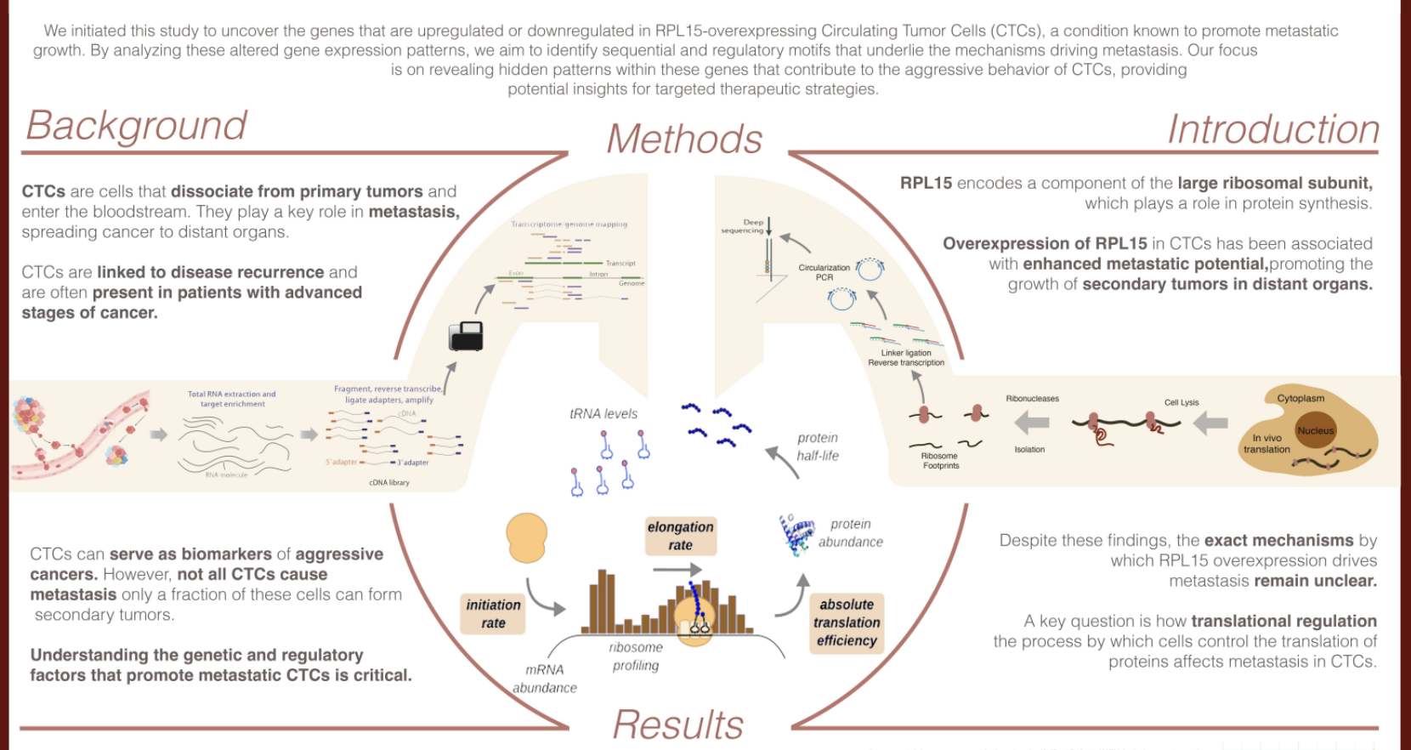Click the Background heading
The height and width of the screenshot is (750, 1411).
pos(136,126)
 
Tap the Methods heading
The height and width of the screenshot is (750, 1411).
pos(684,139)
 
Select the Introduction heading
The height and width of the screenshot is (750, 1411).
pos(1272,130)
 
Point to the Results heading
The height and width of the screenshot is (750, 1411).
pos(677,725)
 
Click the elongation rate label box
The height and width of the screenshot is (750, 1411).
pos(680,536)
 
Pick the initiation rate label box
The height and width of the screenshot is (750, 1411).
pos(493,614)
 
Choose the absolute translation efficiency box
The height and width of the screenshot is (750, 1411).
pos(847,622)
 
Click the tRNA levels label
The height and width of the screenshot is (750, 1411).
pos(603,414)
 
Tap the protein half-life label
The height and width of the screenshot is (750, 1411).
pos(818,446)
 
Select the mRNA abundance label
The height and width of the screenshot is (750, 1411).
pos(545,679)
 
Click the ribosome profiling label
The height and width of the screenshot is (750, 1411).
pos(636,656)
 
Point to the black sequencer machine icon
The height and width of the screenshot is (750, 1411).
pos(466,336)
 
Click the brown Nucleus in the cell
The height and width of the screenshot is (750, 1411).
pos(1315,431)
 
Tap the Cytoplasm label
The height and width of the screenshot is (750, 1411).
pos(1300,398)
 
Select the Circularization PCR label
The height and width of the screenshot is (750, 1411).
pos(824,272)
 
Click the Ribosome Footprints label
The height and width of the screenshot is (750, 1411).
pos(940,461)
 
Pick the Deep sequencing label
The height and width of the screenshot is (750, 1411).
pos(743,226)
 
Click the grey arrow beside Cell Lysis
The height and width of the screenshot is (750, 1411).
pos(1211,423)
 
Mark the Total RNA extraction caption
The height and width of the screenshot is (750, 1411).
pos(231,399)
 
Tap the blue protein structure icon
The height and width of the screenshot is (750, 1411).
pos(796,535)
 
